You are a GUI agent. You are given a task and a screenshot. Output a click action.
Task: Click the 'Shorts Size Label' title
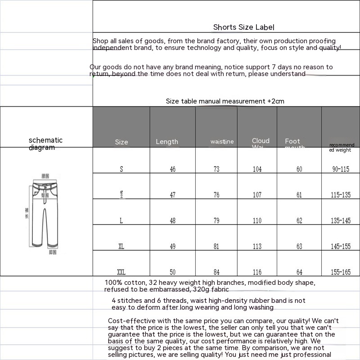point(243,27)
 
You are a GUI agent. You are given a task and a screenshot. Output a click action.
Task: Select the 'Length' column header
point(167,142)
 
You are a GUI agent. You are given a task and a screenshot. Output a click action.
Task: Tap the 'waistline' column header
point(222,142)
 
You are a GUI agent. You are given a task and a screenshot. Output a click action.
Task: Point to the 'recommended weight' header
point(342,148)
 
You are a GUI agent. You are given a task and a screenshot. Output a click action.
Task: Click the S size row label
point(121,170)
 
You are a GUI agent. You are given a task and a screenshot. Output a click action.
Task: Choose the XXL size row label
point(121,272)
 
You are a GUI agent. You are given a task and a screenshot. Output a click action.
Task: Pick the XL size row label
point(121,247)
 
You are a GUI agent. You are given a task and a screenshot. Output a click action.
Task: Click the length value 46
point(173,170)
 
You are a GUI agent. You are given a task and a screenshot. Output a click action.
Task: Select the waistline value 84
point(216,272)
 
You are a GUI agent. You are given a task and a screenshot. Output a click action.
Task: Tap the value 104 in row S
point(257,170)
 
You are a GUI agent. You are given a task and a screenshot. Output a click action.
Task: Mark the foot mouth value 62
point(299,221)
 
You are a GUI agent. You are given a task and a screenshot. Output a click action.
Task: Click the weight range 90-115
point(341,170)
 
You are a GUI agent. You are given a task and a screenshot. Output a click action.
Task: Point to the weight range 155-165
point(341,272)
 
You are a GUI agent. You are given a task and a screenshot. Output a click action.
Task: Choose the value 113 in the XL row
point(257,247)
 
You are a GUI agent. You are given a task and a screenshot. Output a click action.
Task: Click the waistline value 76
point(216,195)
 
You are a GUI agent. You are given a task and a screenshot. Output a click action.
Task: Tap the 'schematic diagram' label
point(45,144)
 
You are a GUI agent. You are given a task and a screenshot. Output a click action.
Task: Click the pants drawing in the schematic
point(45,211)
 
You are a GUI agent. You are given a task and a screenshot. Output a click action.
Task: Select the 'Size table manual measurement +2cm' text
point(225,101)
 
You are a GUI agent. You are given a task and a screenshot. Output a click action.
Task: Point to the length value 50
point(173,272)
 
